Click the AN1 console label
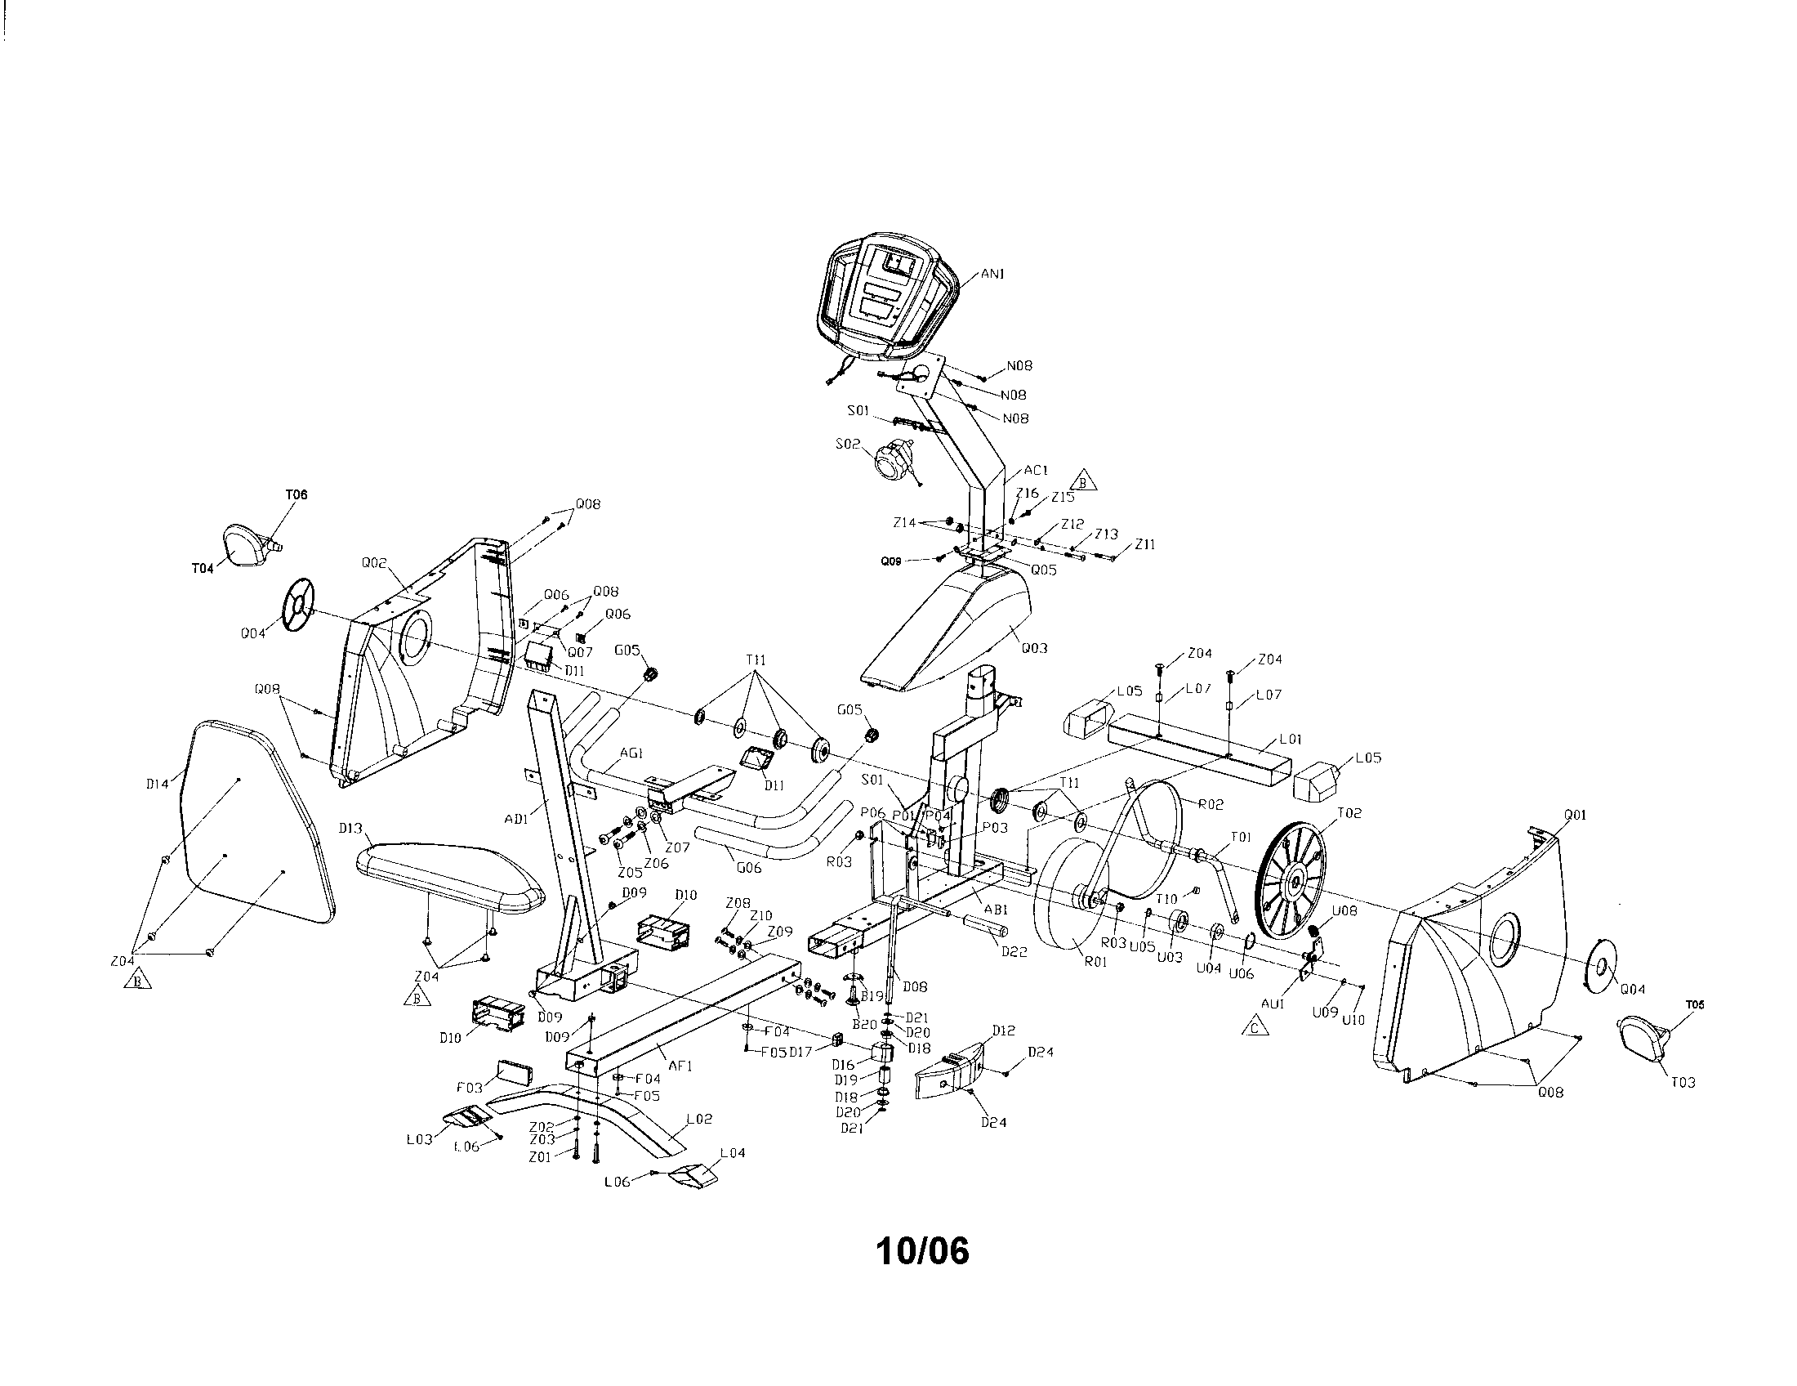[x=992, y=274]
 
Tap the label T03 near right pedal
[x=1683, y=1082]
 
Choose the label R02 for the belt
[x=1211, y=805]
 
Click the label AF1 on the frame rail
[x=680, y=1066]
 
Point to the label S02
[x=847, y=444]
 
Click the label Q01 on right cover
[x=1574, y=815]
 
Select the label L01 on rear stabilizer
[x=1290, y=740]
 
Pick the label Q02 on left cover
[x=373, y=563]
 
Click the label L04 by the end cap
[x=733, y=1153]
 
